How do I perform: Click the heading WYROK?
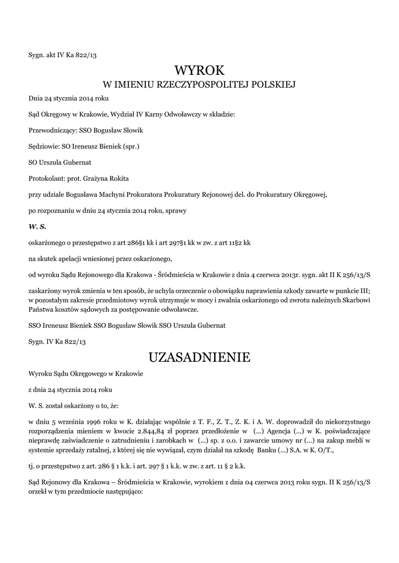[x=200, y=70]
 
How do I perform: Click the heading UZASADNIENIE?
[x=199, y=358]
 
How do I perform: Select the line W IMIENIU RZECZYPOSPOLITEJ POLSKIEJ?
[x=200, y=85]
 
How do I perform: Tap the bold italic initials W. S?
[x=37, y=226]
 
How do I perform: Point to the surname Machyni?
[x=124, y=194]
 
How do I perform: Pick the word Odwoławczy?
[x=181, y=114]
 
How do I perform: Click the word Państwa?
[x=41, y=310]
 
